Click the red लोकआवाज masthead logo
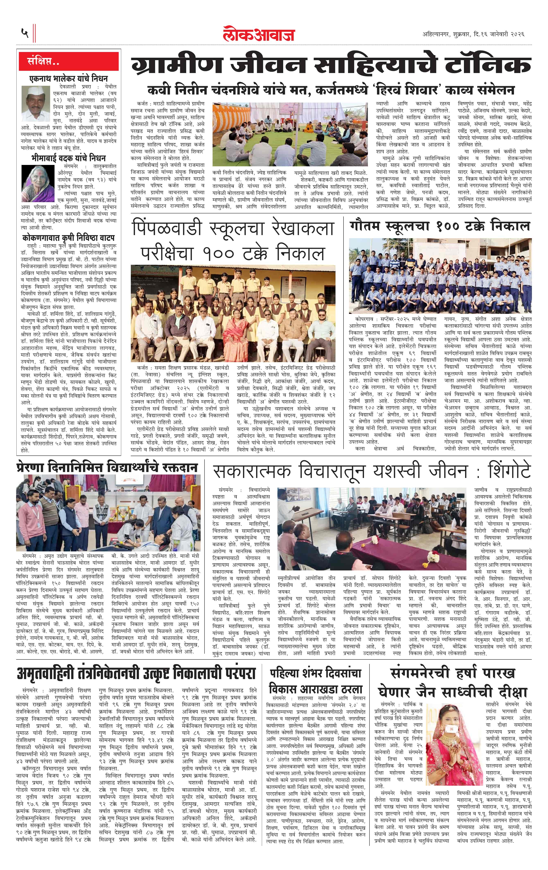click(259, 34)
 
